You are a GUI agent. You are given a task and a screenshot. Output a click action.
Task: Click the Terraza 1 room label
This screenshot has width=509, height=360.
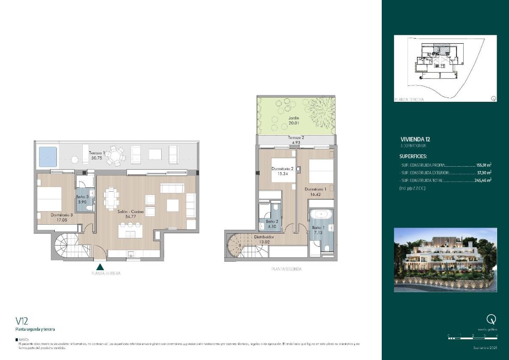(x=97, y=153)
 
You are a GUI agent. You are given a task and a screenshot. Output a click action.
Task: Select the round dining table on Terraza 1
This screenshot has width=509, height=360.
(x=115, y=156)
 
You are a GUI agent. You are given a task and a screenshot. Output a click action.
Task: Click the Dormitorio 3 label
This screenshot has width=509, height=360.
(x=62, y=215)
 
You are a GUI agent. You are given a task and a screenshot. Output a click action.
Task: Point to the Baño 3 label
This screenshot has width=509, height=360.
(x=82, y=197)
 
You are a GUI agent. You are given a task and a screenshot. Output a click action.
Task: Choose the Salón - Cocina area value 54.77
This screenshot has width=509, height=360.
(x=131, y=216)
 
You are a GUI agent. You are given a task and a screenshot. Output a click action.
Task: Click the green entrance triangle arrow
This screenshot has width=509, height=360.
(x=101, y=267)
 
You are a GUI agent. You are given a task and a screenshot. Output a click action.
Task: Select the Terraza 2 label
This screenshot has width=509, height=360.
(x=296, y=138)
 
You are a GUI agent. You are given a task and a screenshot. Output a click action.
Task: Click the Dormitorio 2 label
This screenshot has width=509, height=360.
(x=282, y=168)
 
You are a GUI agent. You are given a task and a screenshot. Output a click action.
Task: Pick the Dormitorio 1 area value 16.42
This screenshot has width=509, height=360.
(x=314, y=194)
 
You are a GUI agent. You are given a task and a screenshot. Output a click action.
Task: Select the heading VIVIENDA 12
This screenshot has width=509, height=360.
(x=415, y=139)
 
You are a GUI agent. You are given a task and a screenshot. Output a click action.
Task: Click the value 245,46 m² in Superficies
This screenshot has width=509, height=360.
(x=482, y=180)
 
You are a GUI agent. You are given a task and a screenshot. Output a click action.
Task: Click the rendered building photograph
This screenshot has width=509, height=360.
(x=445, y=260)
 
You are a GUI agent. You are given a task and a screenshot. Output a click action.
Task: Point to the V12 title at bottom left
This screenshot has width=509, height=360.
(x=22, y=321)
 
